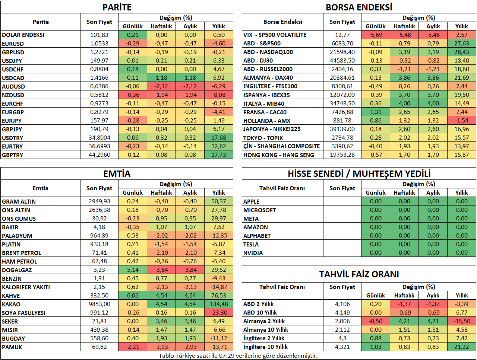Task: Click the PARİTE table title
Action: click(x=117, y=7)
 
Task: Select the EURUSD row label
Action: click(x=13, y=44)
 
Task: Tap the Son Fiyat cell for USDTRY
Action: click(x=99, y=138)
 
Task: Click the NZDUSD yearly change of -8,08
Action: click(x=219, y=95)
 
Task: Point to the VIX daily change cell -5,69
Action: click(x=376, y=35)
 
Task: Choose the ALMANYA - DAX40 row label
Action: click(x=268, y=78)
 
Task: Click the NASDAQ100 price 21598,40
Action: click(x=342, y=52)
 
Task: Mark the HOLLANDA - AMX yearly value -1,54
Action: click(x=462, y=120)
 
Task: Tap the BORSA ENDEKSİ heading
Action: click(x=359, y=7)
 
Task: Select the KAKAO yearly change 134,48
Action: click(x=219, y=304)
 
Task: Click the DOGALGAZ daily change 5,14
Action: click(x=133, y=270)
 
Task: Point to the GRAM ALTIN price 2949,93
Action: click(x=99, y=201)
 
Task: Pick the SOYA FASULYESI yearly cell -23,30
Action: click(x=219, y=312)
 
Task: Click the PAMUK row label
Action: click(x=12, y=347)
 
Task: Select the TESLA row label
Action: click(x=251, y=244)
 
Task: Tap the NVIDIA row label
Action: click(x=253, y=253)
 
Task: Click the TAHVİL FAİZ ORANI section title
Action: click(x=359, y=274)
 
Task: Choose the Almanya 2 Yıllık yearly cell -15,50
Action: click(x=462, y=321)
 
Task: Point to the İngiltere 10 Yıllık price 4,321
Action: click(x=342, y=347)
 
